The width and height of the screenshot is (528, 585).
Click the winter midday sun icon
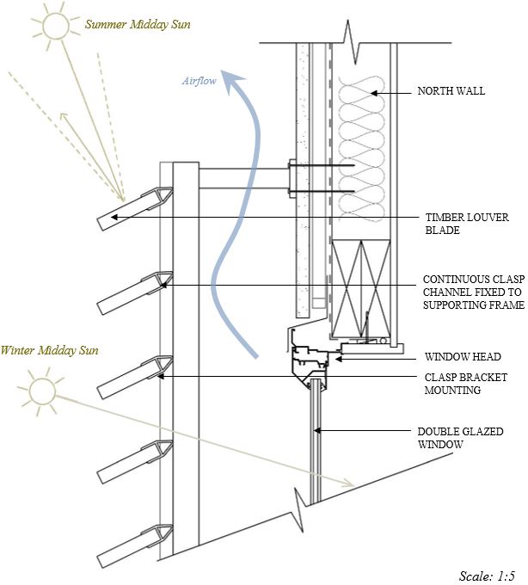40,390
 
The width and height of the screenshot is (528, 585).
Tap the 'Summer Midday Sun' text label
138,25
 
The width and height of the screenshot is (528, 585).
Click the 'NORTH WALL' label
451,90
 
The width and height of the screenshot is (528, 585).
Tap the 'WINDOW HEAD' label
464,356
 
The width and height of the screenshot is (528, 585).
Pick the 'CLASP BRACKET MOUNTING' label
464,384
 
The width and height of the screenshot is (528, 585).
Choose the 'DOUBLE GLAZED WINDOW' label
459,438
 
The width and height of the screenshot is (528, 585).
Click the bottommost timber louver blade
132,545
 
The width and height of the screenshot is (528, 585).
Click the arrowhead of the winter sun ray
347,483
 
